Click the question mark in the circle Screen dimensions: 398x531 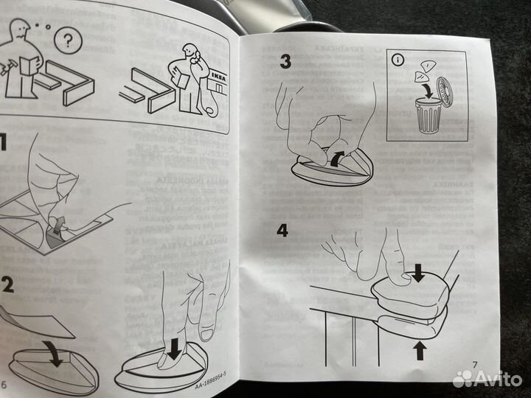click(69, 41)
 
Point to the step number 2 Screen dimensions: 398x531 click(7, 286)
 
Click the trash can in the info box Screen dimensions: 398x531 click(428, 116)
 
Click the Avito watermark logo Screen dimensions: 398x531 click(487, 379)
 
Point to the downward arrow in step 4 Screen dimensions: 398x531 click(418, 274)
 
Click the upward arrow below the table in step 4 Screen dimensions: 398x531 click(420, 349)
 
